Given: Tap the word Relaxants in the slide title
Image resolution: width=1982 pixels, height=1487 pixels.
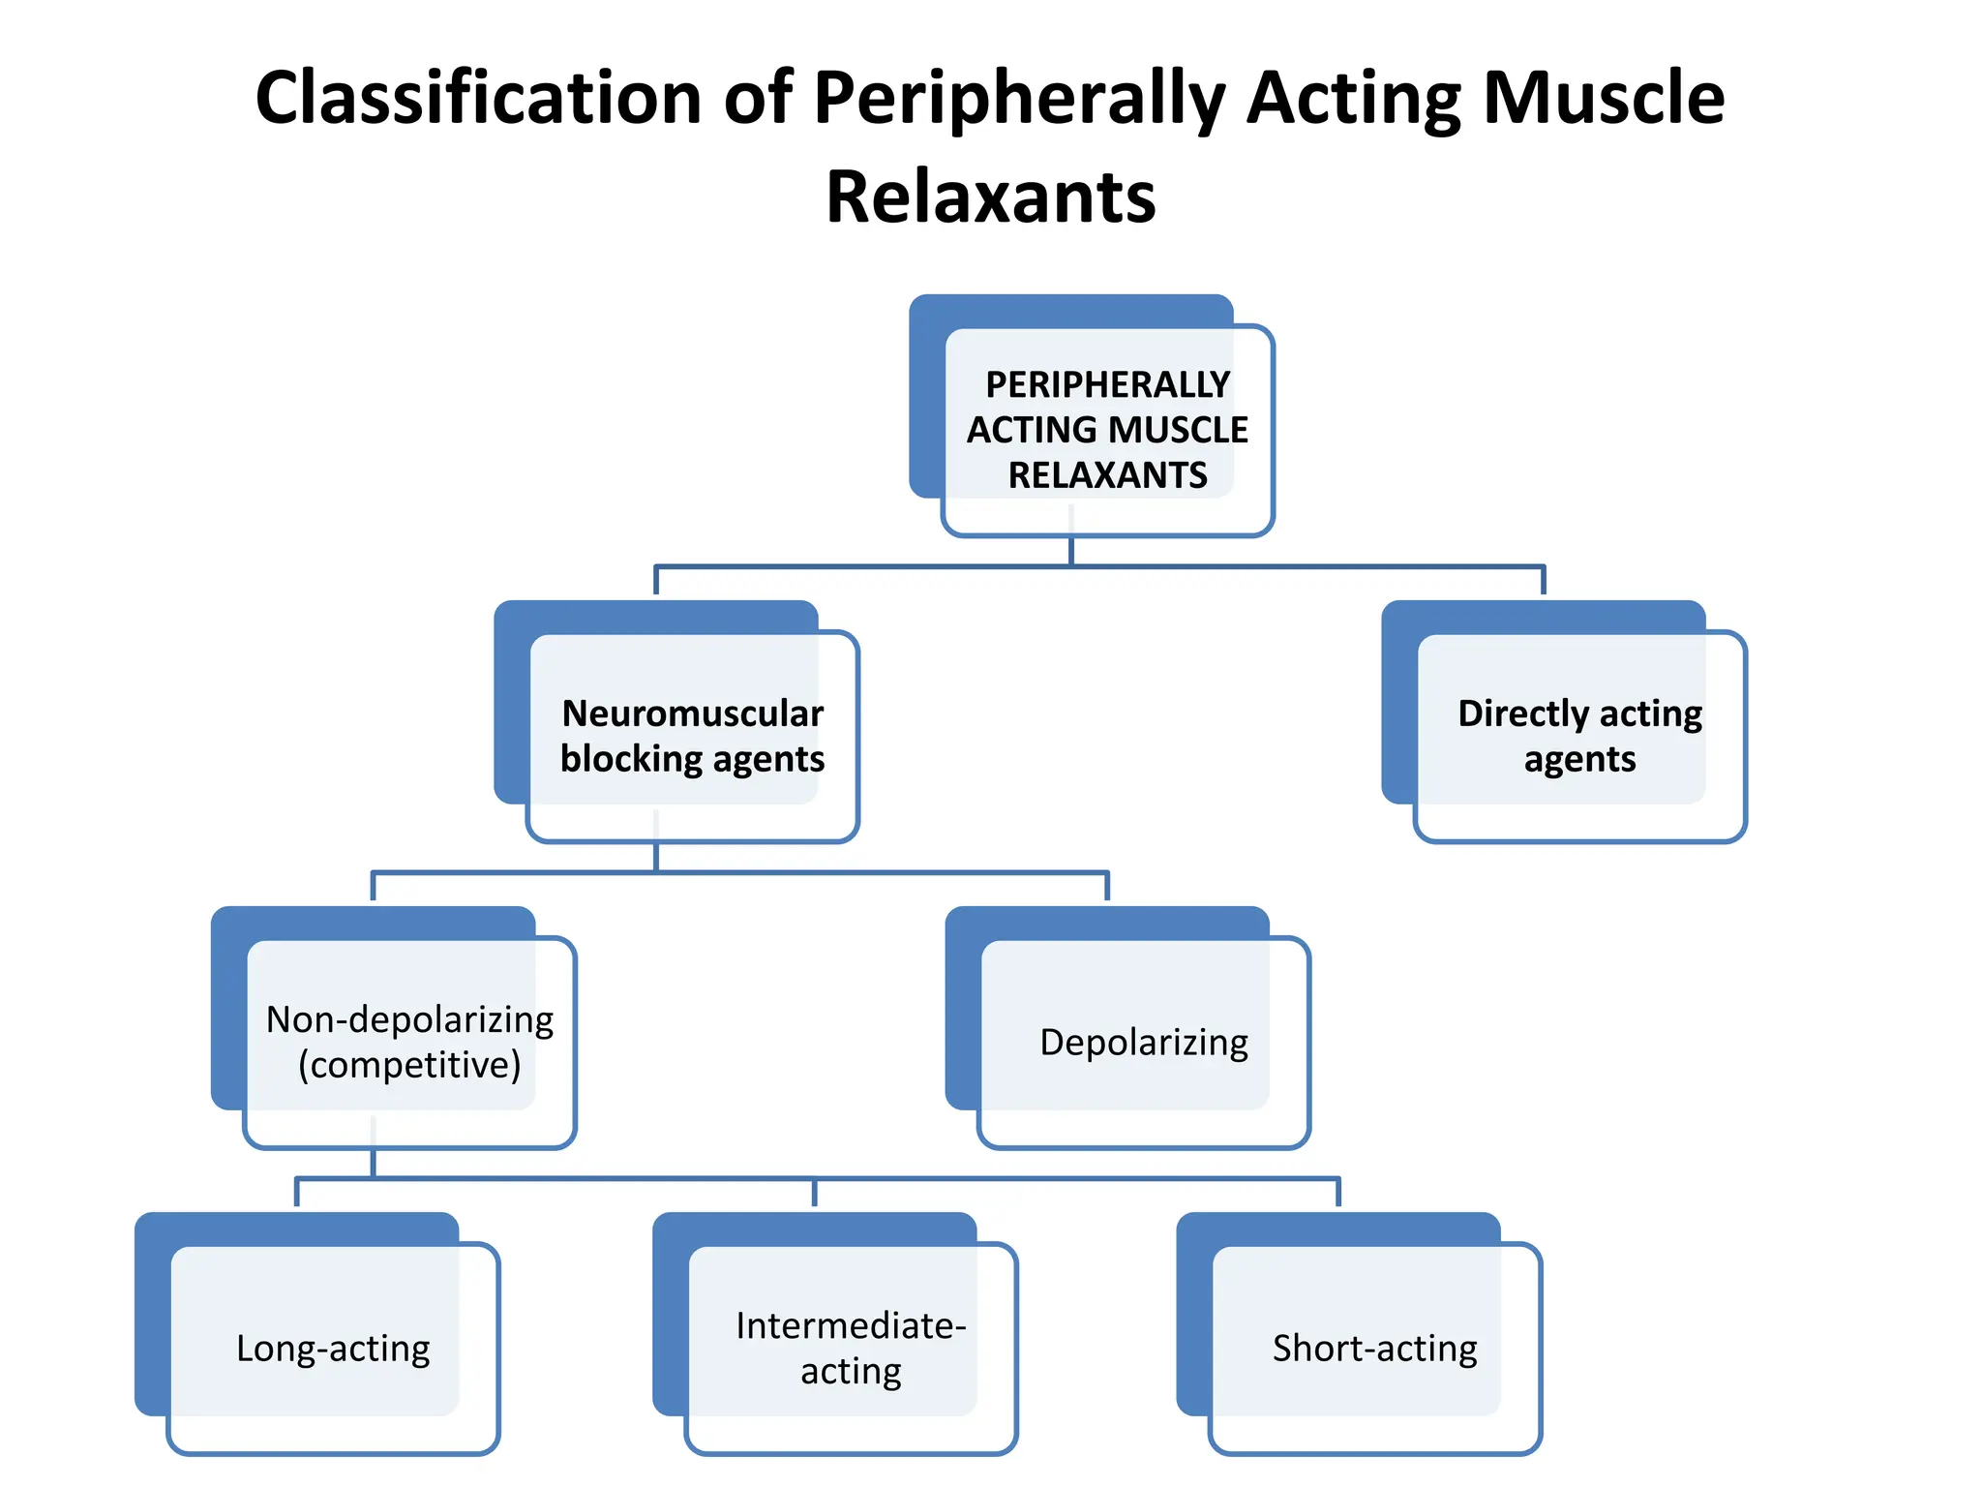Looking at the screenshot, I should (990, 198).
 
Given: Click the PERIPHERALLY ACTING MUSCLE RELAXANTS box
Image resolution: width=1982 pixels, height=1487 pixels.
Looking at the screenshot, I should (1107, 430).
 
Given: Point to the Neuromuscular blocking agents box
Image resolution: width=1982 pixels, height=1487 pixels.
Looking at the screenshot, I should (692, 736).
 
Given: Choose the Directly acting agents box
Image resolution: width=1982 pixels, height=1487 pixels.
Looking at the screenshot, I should (1579, 736).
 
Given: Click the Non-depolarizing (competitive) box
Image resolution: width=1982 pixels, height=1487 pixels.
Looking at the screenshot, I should (409, 1042).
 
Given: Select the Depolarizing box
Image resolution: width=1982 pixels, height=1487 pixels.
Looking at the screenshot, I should (1143, 1042).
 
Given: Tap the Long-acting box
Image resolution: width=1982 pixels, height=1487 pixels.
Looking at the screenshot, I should (333, 1348).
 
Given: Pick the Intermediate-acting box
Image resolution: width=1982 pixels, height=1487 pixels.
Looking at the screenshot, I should (851, 1348).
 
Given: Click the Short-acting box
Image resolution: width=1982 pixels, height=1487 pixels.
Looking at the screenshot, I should (1374, 1348).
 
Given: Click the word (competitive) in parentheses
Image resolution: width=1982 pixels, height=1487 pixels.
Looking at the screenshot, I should (409, 1065).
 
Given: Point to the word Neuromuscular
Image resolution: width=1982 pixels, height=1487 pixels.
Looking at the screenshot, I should (692, 713).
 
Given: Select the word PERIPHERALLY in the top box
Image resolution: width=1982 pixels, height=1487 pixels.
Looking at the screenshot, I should (1107, 385).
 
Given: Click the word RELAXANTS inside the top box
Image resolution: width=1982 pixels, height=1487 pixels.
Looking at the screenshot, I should (1107, 475).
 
